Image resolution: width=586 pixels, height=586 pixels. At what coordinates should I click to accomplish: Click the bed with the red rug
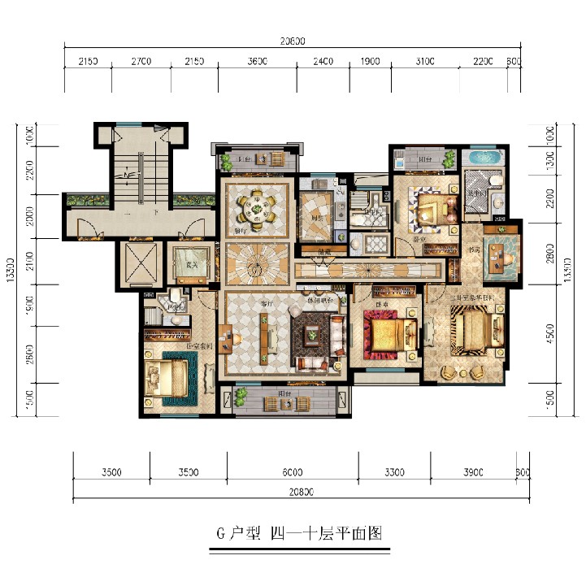coord(384,333)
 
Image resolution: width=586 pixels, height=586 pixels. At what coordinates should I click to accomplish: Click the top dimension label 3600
coord(257,62)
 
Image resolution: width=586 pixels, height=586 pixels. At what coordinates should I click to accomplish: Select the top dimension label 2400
coord(323,62)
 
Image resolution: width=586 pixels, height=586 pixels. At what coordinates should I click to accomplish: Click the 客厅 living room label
coord(266,302)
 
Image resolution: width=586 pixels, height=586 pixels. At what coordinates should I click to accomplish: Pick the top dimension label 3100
coord(424,62)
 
